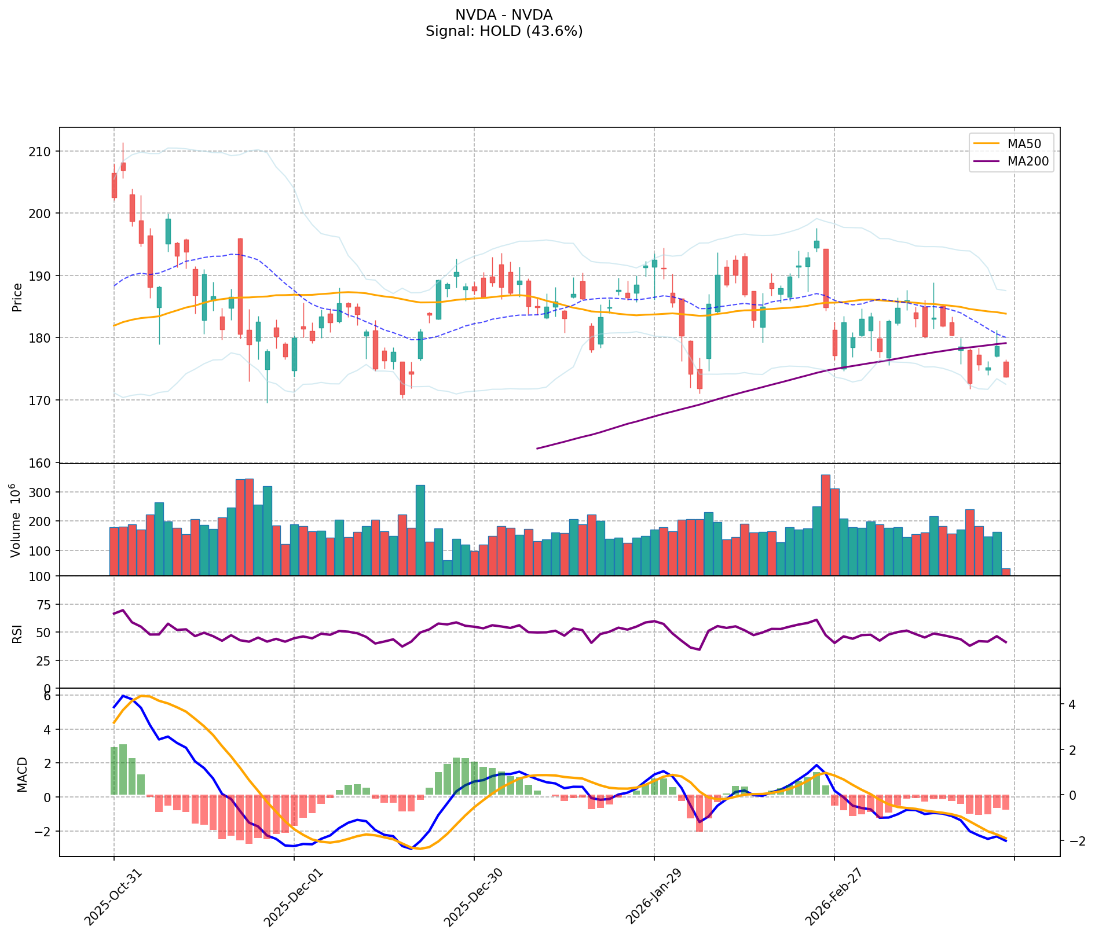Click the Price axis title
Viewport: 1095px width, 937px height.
pyautogui.click(x=17, y=297)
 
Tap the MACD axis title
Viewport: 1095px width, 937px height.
pyautogui.click(x=22, y=774)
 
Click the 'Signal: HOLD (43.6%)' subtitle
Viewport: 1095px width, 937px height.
pyautogui.click(x=504, y=31)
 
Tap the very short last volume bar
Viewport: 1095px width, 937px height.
pyautogui.click(x=1006, y=572)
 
